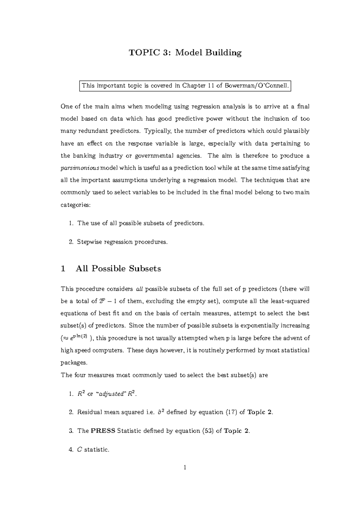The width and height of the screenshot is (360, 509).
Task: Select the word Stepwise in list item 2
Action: coord(89,242)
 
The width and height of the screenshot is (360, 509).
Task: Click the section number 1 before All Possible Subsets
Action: coord(63,268)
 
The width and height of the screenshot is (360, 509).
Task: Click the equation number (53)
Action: coord(208,431)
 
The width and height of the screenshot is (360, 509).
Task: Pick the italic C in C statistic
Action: coord(79,450)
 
